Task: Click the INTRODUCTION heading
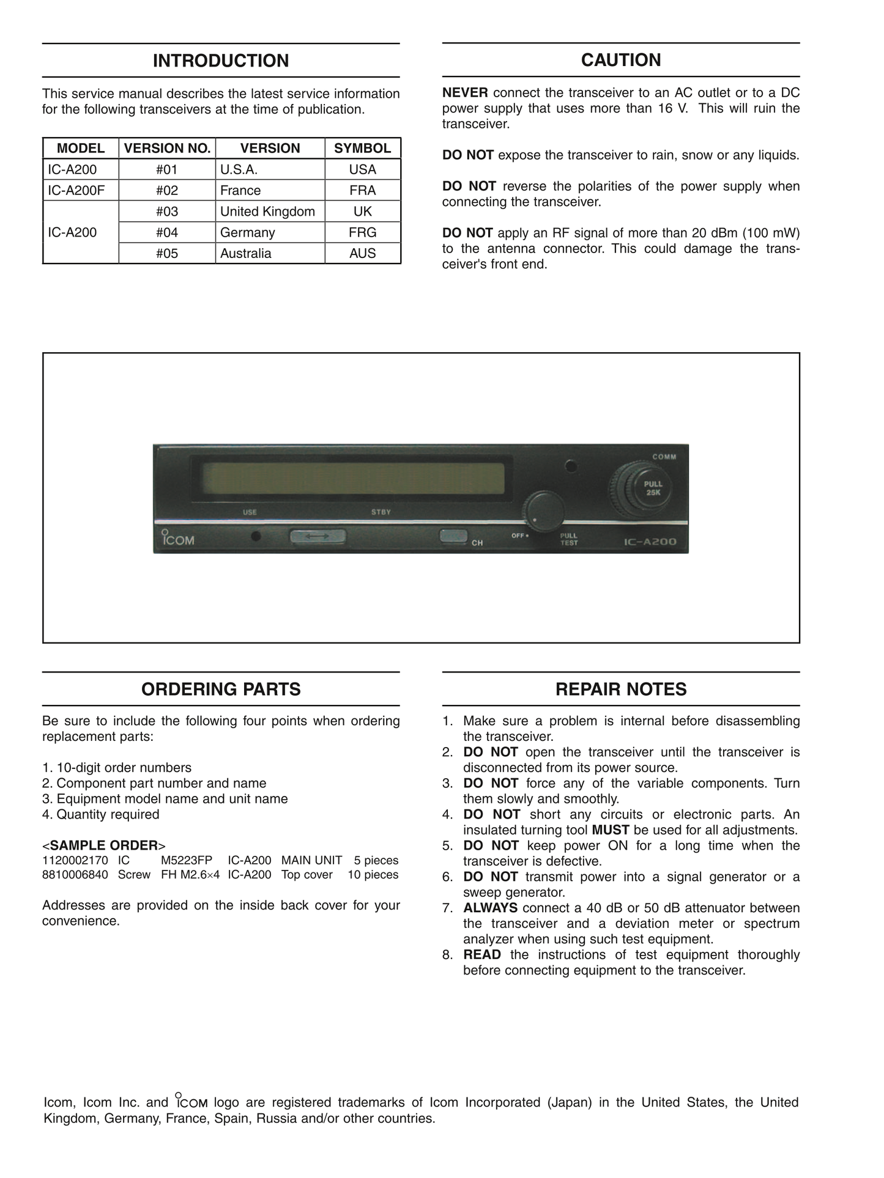pyautogui.click(x=221, y=61)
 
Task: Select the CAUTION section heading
pyautogui.click(x=620, y=60)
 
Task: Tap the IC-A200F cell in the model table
pyautogui.click(x=76, y=191)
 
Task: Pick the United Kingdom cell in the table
pyautogui.click(x=267, y=212)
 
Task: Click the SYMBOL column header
pyautogui.click(x=362, y=149)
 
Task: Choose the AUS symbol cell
pyautogui.click(x=362, y=253)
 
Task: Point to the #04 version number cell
pyautogui.click(x=166, y=232)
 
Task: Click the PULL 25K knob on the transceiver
pyautogui.click(x=652, y=488)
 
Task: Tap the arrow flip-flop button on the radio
pyautogui.click(x=317, y=536)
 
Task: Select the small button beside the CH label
pyautogui.click(x=453, y=536)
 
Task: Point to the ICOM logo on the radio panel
pyautogui.click(x=177, y=539)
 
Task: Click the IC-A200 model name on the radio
pyautogui.click(x=650, y=542)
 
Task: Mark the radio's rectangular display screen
pyautogui.click(x=353, y=478)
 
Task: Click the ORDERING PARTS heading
pyautogui.click(x=221, y=689)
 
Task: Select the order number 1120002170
pyautogui.click(x=75, y=860)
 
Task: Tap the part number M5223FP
pyautogui.click(x=187, y=860)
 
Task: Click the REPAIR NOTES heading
pyautogui.click(x=620, y=689)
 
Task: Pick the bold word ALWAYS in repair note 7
pyautogui.click(x=490, y=908)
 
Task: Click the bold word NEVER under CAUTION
pyautogui.click(x=465, y=93)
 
